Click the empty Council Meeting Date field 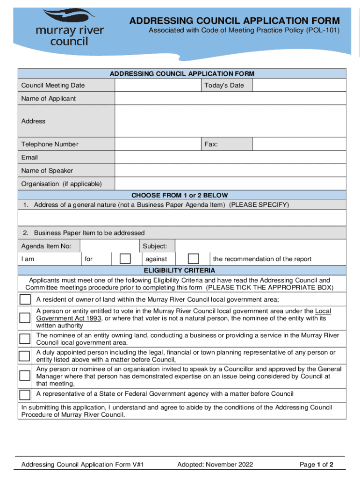[158, 85]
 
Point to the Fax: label [211, 144]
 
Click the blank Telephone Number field [158, 144]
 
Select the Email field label [29, 158]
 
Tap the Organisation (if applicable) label [61, 184]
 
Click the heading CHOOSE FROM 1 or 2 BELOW [180, 195]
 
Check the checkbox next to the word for [125, 259]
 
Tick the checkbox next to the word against [193, 259]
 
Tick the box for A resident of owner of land [25, 299]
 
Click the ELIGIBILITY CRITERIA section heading [180, 270]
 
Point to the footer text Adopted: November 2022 [215, 464]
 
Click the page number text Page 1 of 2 [316, 464]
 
